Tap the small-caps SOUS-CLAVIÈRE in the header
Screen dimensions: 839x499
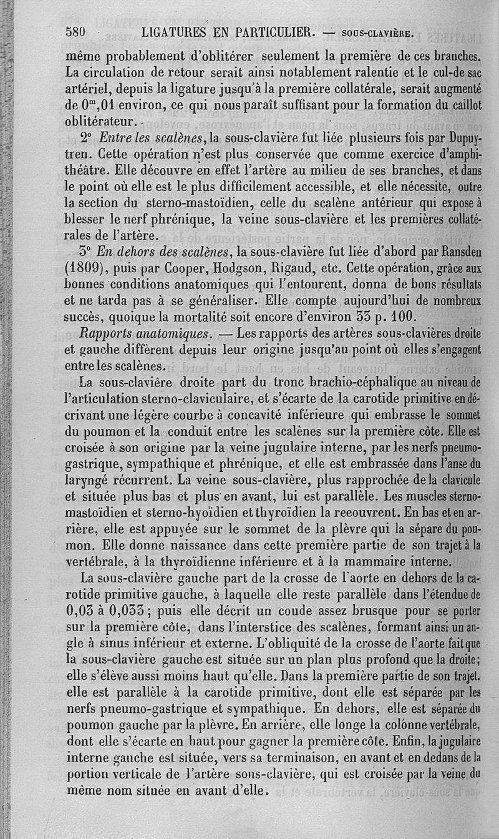(x=375, y=32)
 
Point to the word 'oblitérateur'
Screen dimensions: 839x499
(x=99, y=120)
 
